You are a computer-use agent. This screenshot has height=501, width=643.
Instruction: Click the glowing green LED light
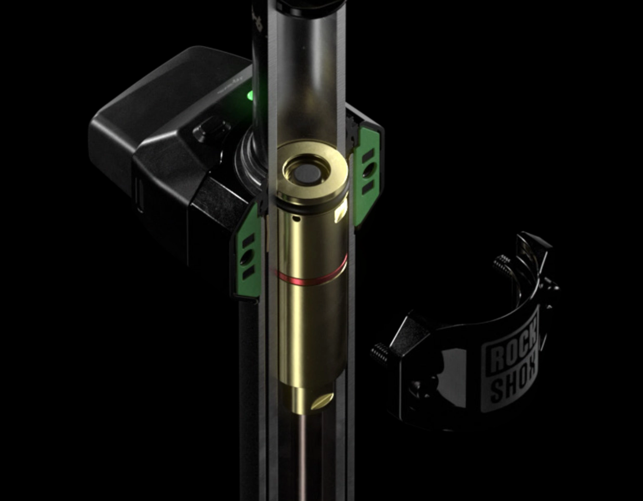pos(250,95)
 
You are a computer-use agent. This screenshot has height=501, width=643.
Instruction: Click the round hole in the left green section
pos(247,256)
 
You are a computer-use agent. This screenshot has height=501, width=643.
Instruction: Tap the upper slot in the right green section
pos(369,155)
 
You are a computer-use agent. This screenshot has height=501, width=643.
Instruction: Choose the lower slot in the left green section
pos(248,273)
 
